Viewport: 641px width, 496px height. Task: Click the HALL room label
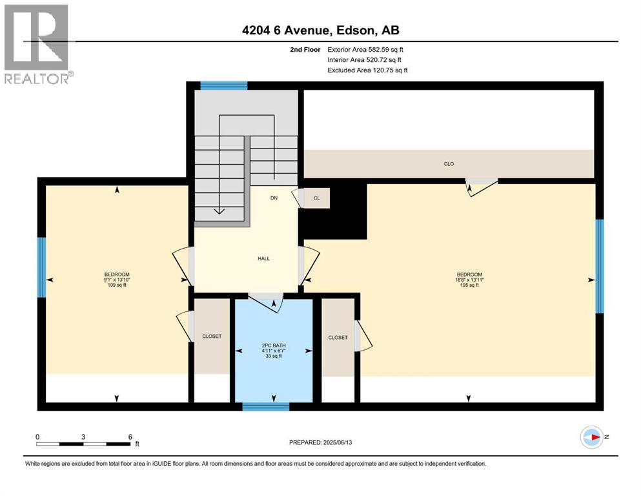(263, 259)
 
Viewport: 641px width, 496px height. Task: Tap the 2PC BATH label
(274, 346)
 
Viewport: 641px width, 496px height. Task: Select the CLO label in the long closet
(449, 164)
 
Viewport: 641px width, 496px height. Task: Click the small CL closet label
(316, 198)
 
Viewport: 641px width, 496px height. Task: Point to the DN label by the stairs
(274, 198)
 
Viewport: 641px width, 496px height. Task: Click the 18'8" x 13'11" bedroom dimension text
(469, 280)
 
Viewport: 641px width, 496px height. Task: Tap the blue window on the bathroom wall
(265, 406)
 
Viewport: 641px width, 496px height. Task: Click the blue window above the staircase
(223, 85)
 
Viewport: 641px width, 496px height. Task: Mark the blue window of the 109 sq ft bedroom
(41, 267)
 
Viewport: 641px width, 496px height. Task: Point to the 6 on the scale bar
(130, 437)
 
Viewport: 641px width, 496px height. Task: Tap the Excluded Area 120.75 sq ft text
(367, 70)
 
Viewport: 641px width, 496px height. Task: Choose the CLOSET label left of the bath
(212, 336)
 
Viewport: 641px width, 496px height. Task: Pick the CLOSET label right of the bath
(338, 338)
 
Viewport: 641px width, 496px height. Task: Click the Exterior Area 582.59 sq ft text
(365, 49)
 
